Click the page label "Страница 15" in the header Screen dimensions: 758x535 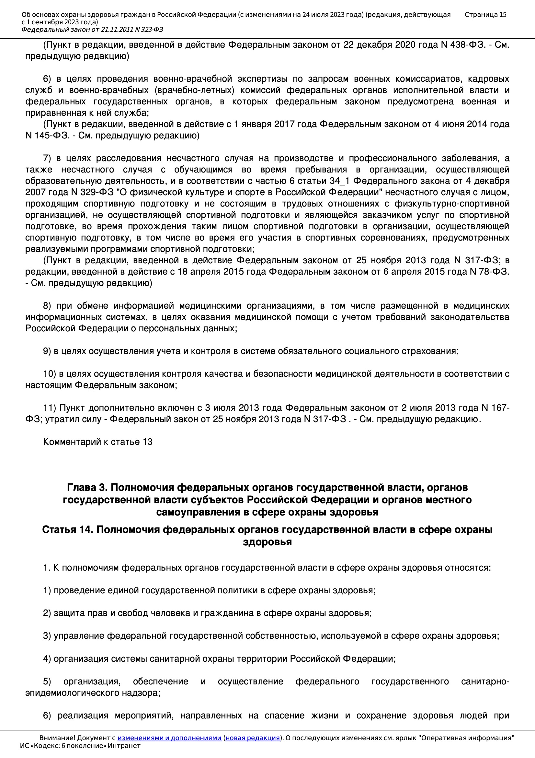click(x=485, y=15)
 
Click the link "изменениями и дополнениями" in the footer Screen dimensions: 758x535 click(x=169, y=738)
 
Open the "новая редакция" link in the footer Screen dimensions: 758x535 click(x=252, y=738)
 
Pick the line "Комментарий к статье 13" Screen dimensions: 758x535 click(x=97, y=442)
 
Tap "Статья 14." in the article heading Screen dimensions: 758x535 click(x=68, y=529)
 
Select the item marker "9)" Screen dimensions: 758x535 click(x=47, y=351)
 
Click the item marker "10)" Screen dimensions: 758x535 click(x=50, y=374)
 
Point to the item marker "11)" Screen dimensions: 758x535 click(x=50, y=408)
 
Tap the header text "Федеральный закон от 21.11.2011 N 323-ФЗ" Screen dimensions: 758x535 click(x=92, y=30)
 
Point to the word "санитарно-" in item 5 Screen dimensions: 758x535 click(x=485, y=681)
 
